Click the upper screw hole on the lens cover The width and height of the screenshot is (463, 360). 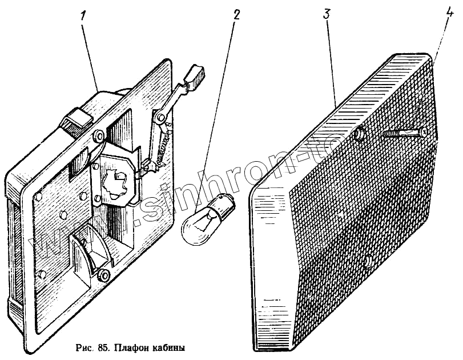click(360, 135)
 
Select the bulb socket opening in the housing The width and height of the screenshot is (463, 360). click(117, 178)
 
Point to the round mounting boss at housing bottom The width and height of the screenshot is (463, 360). click(103, 275)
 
